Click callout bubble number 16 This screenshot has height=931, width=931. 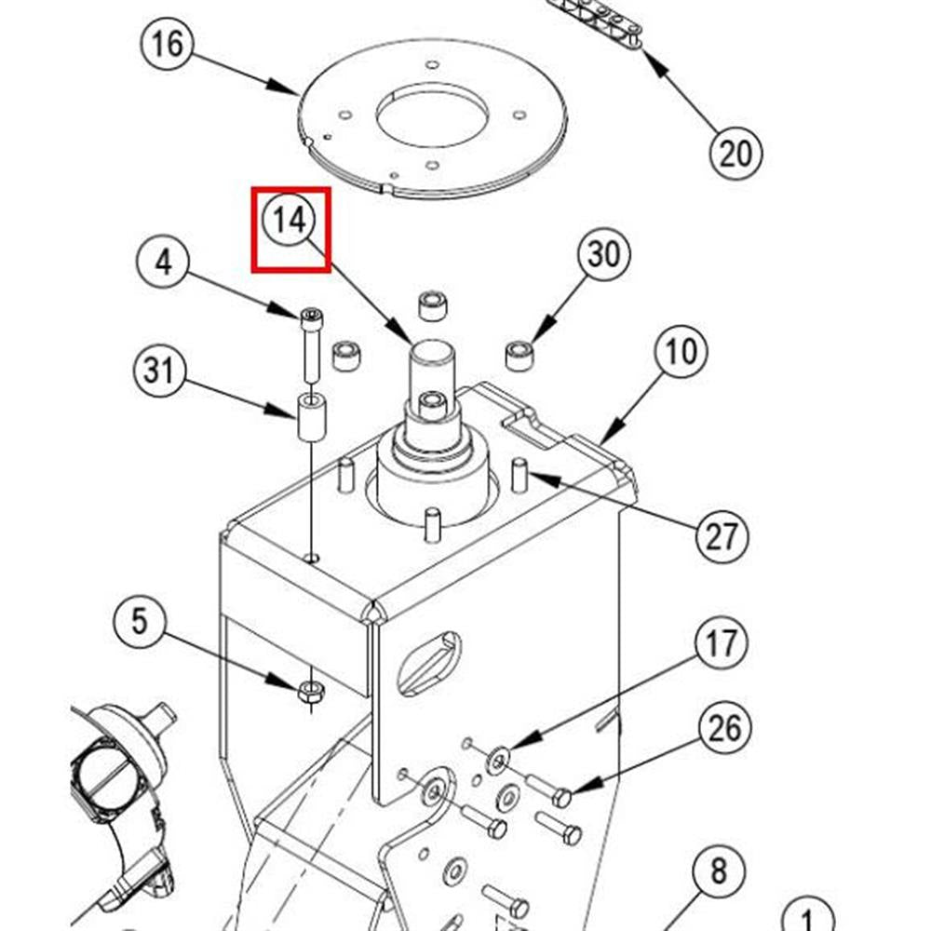(x=169, y=44)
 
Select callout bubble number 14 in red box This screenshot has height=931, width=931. (x=290, y=221)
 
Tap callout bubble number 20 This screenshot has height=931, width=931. (x=735, y=151)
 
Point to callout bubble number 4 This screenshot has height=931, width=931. (x=164, y=263)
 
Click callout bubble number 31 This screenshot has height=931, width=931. (x=158, y=371)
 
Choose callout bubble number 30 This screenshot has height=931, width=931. (x=603, y=253)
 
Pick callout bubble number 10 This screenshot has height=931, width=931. (x=681, y=352)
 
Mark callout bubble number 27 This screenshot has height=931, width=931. (x=722, y=536)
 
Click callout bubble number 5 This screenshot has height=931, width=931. (x=139, y=620)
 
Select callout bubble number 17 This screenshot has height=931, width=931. (x=721, y=643)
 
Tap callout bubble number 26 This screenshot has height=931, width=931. (x=725, y=727)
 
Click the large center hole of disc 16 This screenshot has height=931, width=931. (x=432, y=115)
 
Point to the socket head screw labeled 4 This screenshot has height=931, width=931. (x=311, y=346)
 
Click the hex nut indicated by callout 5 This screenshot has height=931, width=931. (x=311, y=691)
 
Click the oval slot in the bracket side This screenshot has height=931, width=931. (x=427, y=663)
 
